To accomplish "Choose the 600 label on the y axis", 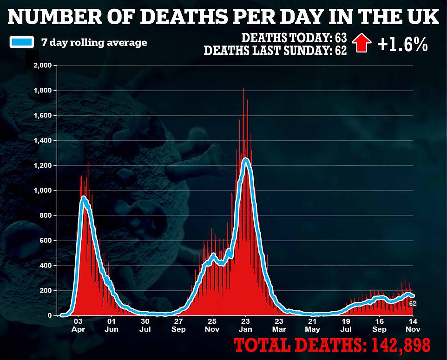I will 46,241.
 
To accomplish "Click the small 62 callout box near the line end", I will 412,303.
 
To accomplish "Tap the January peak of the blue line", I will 245,160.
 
